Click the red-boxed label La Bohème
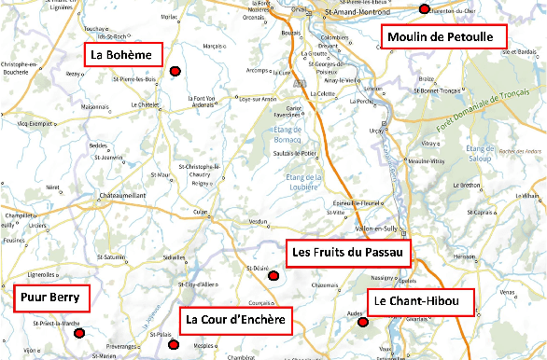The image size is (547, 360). coord(122,55)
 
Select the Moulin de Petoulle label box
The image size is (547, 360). coord(443,37)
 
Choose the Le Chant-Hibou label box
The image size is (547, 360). coord(420,302)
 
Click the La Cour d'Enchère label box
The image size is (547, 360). coord(234,321)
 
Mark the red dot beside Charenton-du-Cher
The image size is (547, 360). coord(424,9)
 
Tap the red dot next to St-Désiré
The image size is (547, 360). coord(273,276)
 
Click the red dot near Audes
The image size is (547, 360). coord(363,323)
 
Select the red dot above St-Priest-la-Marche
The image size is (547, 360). coord(80,333)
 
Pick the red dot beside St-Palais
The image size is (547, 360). coord(172,344)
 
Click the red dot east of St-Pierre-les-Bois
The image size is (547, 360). coord(175,70)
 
